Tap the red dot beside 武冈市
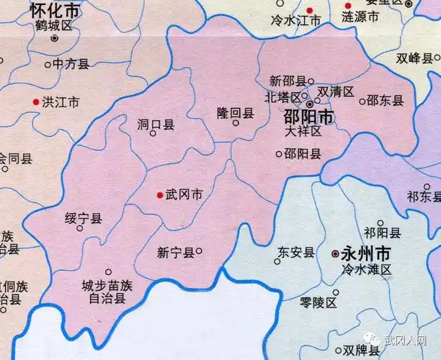(x=159, y=194)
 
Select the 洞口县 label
(x=156, y=125)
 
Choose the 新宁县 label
(x=175, y=252)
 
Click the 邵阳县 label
(x=303, y=153)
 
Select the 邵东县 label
(x=386, y=101)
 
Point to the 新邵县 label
(x=287, y=81)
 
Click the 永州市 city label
(x=367, y=253)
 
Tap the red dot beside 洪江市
(x=35, y=103)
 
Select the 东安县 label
(x=296, y=252)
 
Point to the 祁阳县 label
(x=382, y=232)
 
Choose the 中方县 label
(x=71, y=64)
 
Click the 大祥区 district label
(x=303, y=132)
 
